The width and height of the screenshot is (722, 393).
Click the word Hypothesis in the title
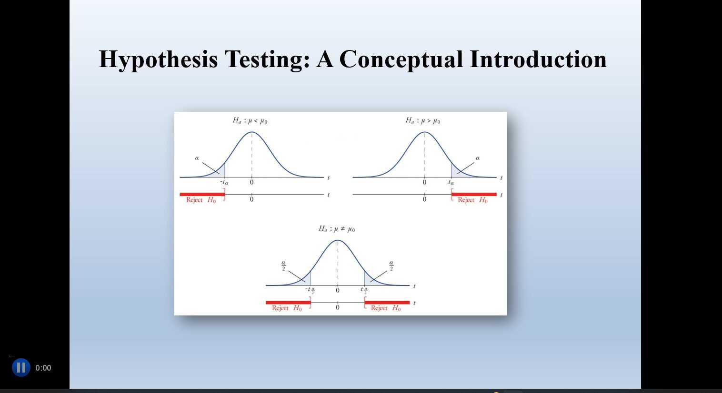click(x=158, y=60)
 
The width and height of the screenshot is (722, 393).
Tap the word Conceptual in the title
click(x=401, y=60)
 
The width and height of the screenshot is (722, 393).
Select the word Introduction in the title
click(x=538, y=59)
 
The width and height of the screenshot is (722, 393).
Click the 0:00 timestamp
click(x=43, y=368)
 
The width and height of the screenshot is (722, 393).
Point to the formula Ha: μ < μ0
click(x=250, y=121)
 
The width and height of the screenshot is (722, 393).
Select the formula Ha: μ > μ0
click(x=423, y=121)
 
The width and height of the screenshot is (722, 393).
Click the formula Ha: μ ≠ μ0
click(x=337, y=229)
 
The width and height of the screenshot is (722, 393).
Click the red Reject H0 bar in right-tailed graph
click(x=474, y=194)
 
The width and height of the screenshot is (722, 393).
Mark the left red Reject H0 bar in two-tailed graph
click(x=288, y=302)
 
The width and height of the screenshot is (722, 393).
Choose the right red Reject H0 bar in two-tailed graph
click(x=387, y=302)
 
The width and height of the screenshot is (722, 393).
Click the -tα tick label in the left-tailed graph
click(x=224, y=182)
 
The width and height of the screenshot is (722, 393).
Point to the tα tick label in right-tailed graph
click(x=451, y=182)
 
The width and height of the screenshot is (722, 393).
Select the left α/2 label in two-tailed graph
click(x=283, y=265)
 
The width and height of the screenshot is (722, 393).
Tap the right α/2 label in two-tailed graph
click(x=391, y=265)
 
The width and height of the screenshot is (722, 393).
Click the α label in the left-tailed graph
click(x=197, y=158)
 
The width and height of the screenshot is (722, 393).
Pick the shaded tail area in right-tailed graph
click(x=456, y=172)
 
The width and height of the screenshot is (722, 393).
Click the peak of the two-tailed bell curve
click(x=338, y=240)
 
